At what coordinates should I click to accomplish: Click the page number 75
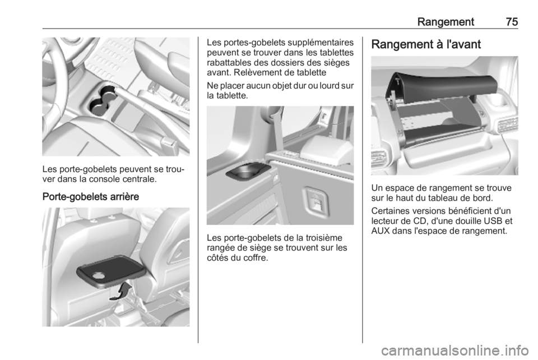pos(512,22)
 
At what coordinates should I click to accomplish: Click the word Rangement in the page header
pos(446,22)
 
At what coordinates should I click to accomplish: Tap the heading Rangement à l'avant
pos(426,44)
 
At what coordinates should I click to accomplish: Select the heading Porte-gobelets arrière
pos(91,197)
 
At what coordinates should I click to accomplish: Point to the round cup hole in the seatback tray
pos(99,275)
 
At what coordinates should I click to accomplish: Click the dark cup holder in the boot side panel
pos(247,170)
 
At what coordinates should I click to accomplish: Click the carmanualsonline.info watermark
pos(454,350)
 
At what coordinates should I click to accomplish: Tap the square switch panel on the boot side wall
pos(316,200)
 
